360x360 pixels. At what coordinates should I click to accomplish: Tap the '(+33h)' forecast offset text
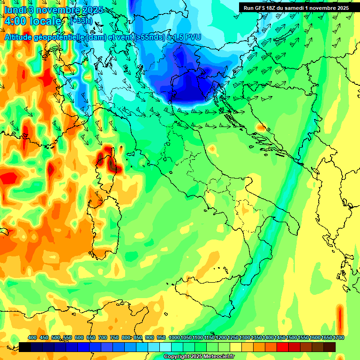[x=81, y=21]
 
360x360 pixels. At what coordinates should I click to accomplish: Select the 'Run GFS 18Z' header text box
[x=296, y=7]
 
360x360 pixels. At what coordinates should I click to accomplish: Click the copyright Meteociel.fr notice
[x=199, y=357]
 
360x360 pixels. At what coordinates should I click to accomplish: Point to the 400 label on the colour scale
[x=32, y=338]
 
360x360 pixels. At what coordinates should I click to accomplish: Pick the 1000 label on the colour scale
[x=174, y=338]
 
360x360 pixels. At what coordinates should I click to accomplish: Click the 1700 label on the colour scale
[x=338, y=338]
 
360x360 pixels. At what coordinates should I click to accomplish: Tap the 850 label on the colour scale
[x=138, y=338]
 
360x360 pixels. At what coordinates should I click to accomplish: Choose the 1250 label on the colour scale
[x=233, y=338]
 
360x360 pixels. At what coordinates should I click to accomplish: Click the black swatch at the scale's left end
[x=25, y=347]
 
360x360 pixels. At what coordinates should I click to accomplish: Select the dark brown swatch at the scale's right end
[x=330, y=347]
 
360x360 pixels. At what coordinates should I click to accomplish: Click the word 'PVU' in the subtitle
[x=192, y=37]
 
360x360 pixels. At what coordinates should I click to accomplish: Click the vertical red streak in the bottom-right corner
[x=340, y=319]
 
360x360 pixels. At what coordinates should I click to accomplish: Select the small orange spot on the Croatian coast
[x=260, y=127]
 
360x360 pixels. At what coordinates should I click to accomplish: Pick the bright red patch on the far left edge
[x=8, y=178]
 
